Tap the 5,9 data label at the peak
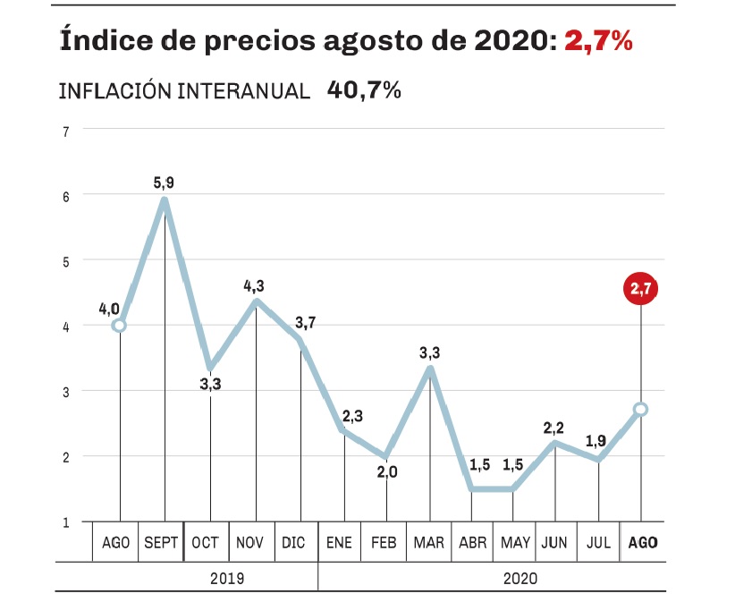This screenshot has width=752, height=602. (164, 182)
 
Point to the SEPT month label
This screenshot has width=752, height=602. (162, 543)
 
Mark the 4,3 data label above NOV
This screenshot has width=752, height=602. (255, 285)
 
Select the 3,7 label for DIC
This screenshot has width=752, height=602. (305, 322)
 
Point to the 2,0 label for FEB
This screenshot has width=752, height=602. (386, 472)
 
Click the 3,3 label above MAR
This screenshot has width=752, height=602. (429, 353)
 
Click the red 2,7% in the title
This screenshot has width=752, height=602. (598, 41)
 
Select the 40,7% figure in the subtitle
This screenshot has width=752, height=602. (364, 90)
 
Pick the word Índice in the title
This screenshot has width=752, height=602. (97, 41)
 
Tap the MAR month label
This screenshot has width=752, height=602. (429, 543)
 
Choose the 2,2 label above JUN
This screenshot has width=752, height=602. (556, 428)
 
